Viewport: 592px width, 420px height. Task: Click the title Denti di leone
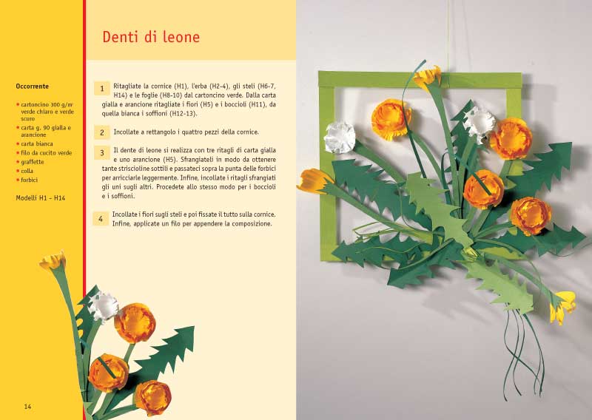(151, 37)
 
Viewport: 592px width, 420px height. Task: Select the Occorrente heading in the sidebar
(33, 87)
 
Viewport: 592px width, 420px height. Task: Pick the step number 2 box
(102, 133)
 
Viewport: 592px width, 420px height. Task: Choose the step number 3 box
(102, 153)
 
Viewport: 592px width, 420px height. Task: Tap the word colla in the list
(29, 171)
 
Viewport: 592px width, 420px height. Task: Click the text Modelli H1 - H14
(39, 197)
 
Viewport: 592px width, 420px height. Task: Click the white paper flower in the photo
(340, 138)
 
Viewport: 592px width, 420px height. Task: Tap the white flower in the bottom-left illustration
(104, 305)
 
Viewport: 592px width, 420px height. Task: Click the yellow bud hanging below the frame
(565, 305)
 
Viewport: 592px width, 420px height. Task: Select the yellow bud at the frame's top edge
(427, 75)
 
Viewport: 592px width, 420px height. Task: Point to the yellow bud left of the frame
(314, 180)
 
